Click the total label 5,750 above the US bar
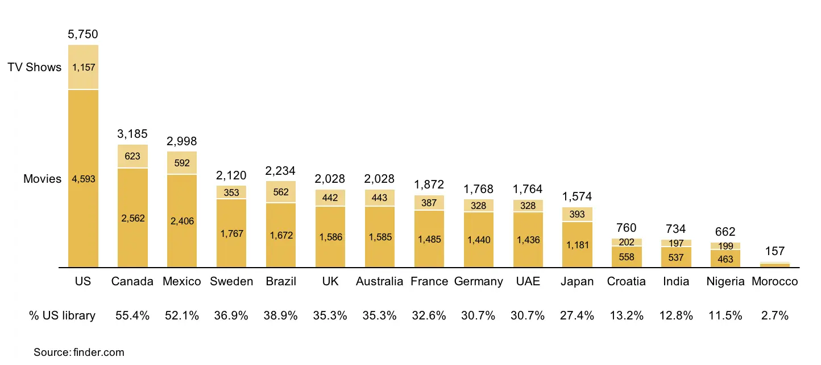[83, 35]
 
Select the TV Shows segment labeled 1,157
[83, 67]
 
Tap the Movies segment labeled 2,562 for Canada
[132, 218]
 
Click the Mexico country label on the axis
[182, 281]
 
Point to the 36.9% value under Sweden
[231, 315]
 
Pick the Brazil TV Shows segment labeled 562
[281, 192]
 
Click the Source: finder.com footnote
[78, 352]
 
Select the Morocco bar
[775, 264]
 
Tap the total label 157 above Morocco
[775, 251]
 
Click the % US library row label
[62, 315]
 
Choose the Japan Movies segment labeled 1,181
[577, 245]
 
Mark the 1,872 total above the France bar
[429, 184]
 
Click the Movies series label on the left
[42, 179]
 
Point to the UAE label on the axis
[528, 281]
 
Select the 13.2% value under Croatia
[627, 315]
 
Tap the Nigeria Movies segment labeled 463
[725, 259]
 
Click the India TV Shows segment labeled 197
[676, 243]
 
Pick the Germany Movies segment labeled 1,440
[479, 240]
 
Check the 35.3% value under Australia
[379, 315]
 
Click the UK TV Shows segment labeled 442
[330, 198]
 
